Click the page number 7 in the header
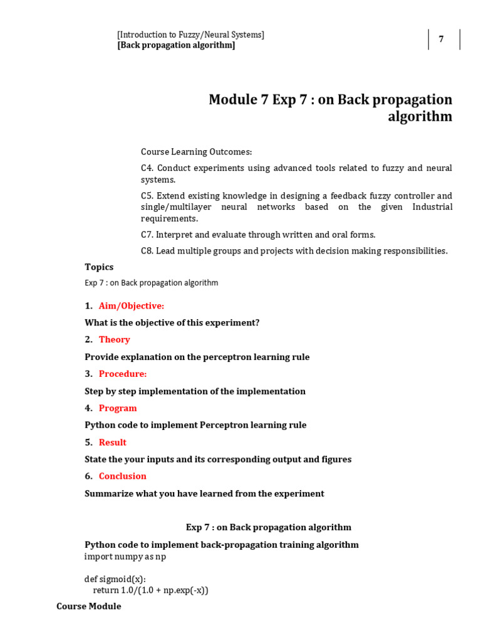(441, 39)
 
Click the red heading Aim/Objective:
(132, 305)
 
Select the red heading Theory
(115, 339)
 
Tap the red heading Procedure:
(123, 374)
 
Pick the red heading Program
(118, 408)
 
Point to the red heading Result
(113, 442)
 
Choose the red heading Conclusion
(123, 476)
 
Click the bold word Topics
(99, 267)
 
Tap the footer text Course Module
(89, 606)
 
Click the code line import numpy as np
(125, 556)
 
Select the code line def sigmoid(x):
(115, 579)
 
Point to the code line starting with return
(150, 590)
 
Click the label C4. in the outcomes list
(147, 168)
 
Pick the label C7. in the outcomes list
(147, 235)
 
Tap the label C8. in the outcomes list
(147, 251)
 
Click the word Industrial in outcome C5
(432, 207)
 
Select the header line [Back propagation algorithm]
(176, 45)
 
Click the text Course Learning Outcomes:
(196, 151)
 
